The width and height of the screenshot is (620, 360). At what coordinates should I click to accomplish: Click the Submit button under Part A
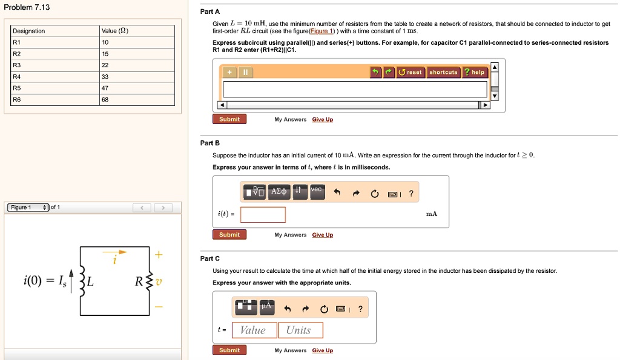point(229,119)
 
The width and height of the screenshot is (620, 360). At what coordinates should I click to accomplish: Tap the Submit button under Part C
point(229,350)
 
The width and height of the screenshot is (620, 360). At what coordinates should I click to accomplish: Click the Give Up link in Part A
point(322,120)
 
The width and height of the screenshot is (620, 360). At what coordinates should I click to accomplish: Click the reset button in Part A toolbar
point(410,73)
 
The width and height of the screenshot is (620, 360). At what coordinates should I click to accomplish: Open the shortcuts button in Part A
point(443,73)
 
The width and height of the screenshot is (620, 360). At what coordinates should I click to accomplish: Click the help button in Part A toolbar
point(475,73)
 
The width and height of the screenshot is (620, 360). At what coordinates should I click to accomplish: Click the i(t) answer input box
point(263,215)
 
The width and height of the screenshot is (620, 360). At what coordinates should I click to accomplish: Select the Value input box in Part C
point(254,330)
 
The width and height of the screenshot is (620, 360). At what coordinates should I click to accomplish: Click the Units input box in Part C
point(300,330)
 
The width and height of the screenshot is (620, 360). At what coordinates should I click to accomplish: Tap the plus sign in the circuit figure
point(159,255)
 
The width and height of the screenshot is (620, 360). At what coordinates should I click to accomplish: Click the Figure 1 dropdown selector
point(28,208)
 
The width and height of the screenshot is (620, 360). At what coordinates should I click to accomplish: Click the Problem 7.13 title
point(27,7)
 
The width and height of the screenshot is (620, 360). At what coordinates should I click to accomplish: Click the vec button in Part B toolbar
point(317,190)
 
